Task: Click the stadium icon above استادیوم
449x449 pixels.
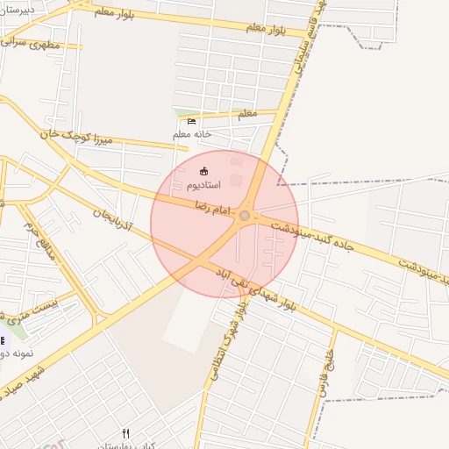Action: [204, 171]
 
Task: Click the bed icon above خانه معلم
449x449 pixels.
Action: [192, 121]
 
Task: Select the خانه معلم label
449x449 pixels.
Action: [192, 134]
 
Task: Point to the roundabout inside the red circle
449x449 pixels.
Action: [245, 215]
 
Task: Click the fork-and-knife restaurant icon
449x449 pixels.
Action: [125, 433]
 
